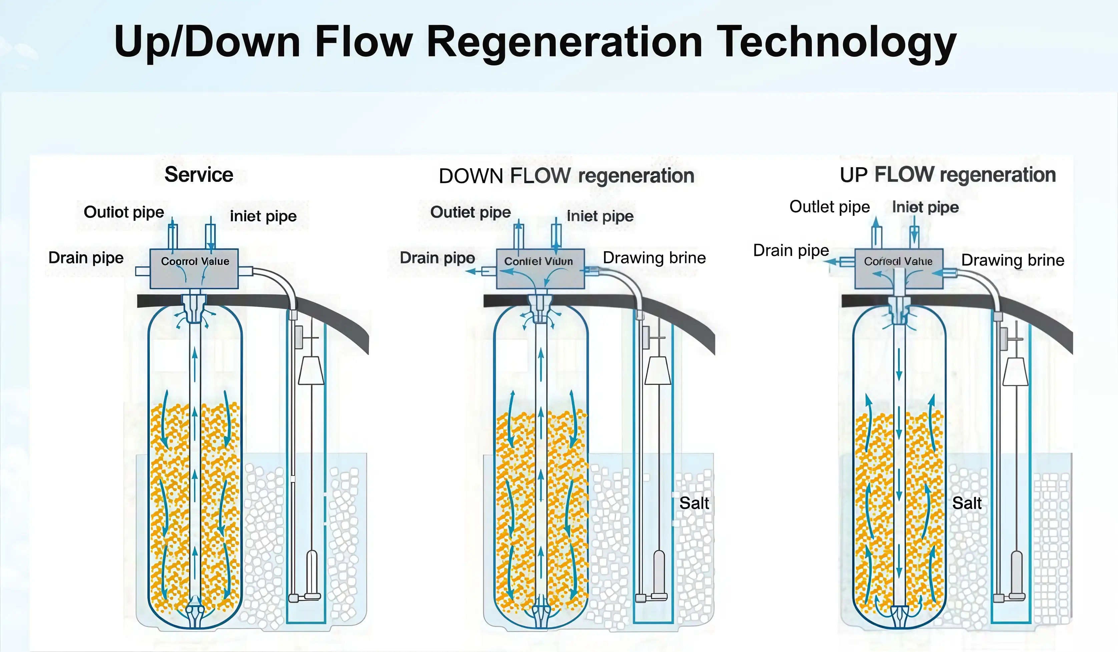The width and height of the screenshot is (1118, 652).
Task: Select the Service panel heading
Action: click(x=199, y=175)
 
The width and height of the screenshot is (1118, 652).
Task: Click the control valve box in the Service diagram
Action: click(x=194, y=269)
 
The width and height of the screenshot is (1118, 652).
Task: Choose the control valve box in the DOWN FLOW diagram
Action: click(x=540, y=269)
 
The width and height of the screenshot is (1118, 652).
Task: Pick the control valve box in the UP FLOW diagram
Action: click(x=899, y=269)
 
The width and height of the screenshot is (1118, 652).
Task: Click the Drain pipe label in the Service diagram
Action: click(x=86, y=257)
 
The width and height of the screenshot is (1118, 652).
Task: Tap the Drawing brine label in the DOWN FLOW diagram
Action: click(x=654, y=257)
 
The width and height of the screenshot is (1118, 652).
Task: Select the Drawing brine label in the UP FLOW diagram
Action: click(x=1012, y=260)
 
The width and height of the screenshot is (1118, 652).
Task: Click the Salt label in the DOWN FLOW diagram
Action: click(x=694, y=503)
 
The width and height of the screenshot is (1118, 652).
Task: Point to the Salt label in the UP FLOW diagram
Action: click(x=967, y=503)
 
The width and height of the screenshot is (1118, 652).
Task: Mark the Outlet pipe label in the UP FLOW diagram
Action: click(x=829, y=207)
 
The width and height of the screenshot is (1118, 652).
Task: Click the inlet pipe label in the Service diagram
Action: click(x=263, y=216)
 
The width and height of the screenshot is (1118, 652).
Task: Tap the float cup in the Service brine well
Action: click(x=311, y=371)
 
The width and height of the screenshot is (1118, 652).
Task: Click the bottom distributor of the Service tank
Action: click(x=195, y=615)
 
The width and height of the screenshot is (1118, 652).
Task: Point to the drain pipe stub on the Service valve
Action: click(x=142, y=271)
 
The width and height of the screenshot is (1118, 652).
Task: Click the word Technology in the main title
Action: click(x=836, y=42)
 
